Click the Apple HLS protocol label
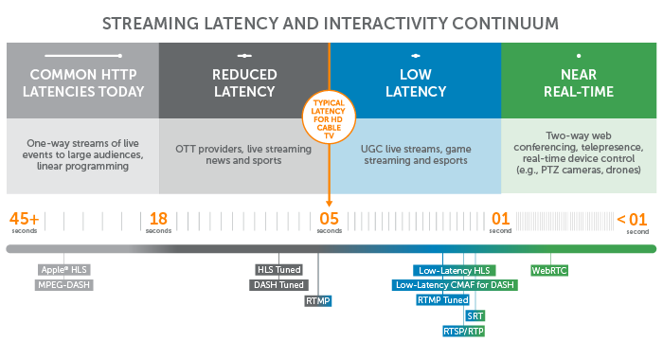click(x=64, y=269)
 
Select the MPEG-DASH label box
click(x=64, y=283)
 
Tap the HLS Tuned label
click(x=279, y=269)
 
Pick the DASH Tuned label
click(x=278, y=284)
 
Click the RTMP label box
click(x=318, y=300)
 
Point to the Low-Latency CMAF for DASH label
click(x=456, y=284)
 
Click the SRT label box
click(x=475, y=315)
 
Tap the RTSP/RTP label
click(x=464, y=332)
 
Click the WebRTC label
click(x=549, y=270)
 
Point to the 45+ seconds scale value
click(x=25, y=219)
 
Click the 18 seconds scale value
click(x=158, y=219)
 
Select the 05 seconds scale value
click(x=329, y=219)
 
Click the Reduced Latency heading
click(x=244, y=83)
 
